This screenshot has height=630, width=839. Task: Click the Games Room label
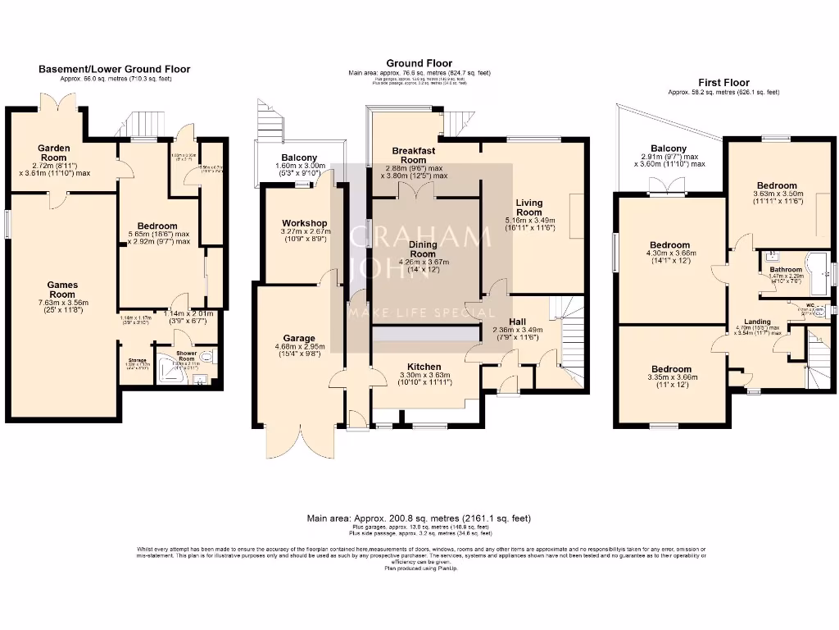pos(62,289)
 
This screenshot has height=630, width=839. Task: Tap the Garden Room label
pos(54,153)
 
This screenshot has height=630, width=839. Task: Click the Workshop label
pos(305,223)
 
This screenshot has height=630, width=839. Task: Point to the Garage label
pos(299,338)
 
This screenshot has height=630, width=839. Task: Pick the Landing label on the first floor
pos(756,322)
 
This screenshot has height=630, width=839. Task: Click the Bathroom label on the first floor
pos(785,269)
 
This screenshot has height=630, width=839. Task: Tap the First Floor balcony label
pos(669,148)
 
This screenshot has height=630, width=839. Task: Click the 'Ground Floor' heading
pos(419,63)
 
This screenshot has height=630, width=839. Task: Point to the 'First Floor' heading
pos(723,83)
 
